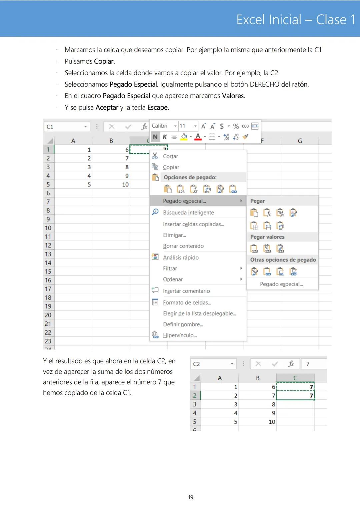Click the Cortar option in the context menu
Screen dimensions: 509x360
[x=170, y=156]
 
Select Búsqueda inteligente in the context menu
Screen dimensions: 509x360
[x=188, y=213]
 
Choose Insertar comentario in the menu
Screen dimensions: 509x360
[x=186, y=291]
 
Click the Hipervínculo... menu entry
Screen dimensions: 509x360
[x=180, y=335]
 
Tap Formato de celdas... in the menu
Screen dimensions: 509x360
[x=187, y=302]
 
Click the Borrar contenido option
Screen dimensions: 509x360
[x=183, y=246]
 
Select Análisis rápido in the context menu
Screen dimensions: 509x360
[x=181, y=257]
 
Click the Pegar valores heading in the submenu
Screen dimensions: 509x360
[x=267, y=237]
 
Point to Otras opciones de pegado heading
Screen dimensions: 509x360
[x=283, y=260]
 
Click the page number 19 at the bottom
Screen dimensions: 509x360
[x=191, y=497]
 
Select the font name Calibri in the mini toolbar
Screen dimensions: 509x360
[x=160, y=126]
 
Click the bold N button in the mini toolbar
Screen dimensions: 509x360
[x=155, y=137]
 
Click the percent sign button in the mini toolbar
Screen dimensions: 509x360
[x=236, y=126]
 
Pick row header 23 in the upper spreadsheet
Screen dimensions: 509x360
[x=48, y=341]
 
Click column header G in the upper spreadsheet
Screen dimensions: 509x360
[x=300, y=141]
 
